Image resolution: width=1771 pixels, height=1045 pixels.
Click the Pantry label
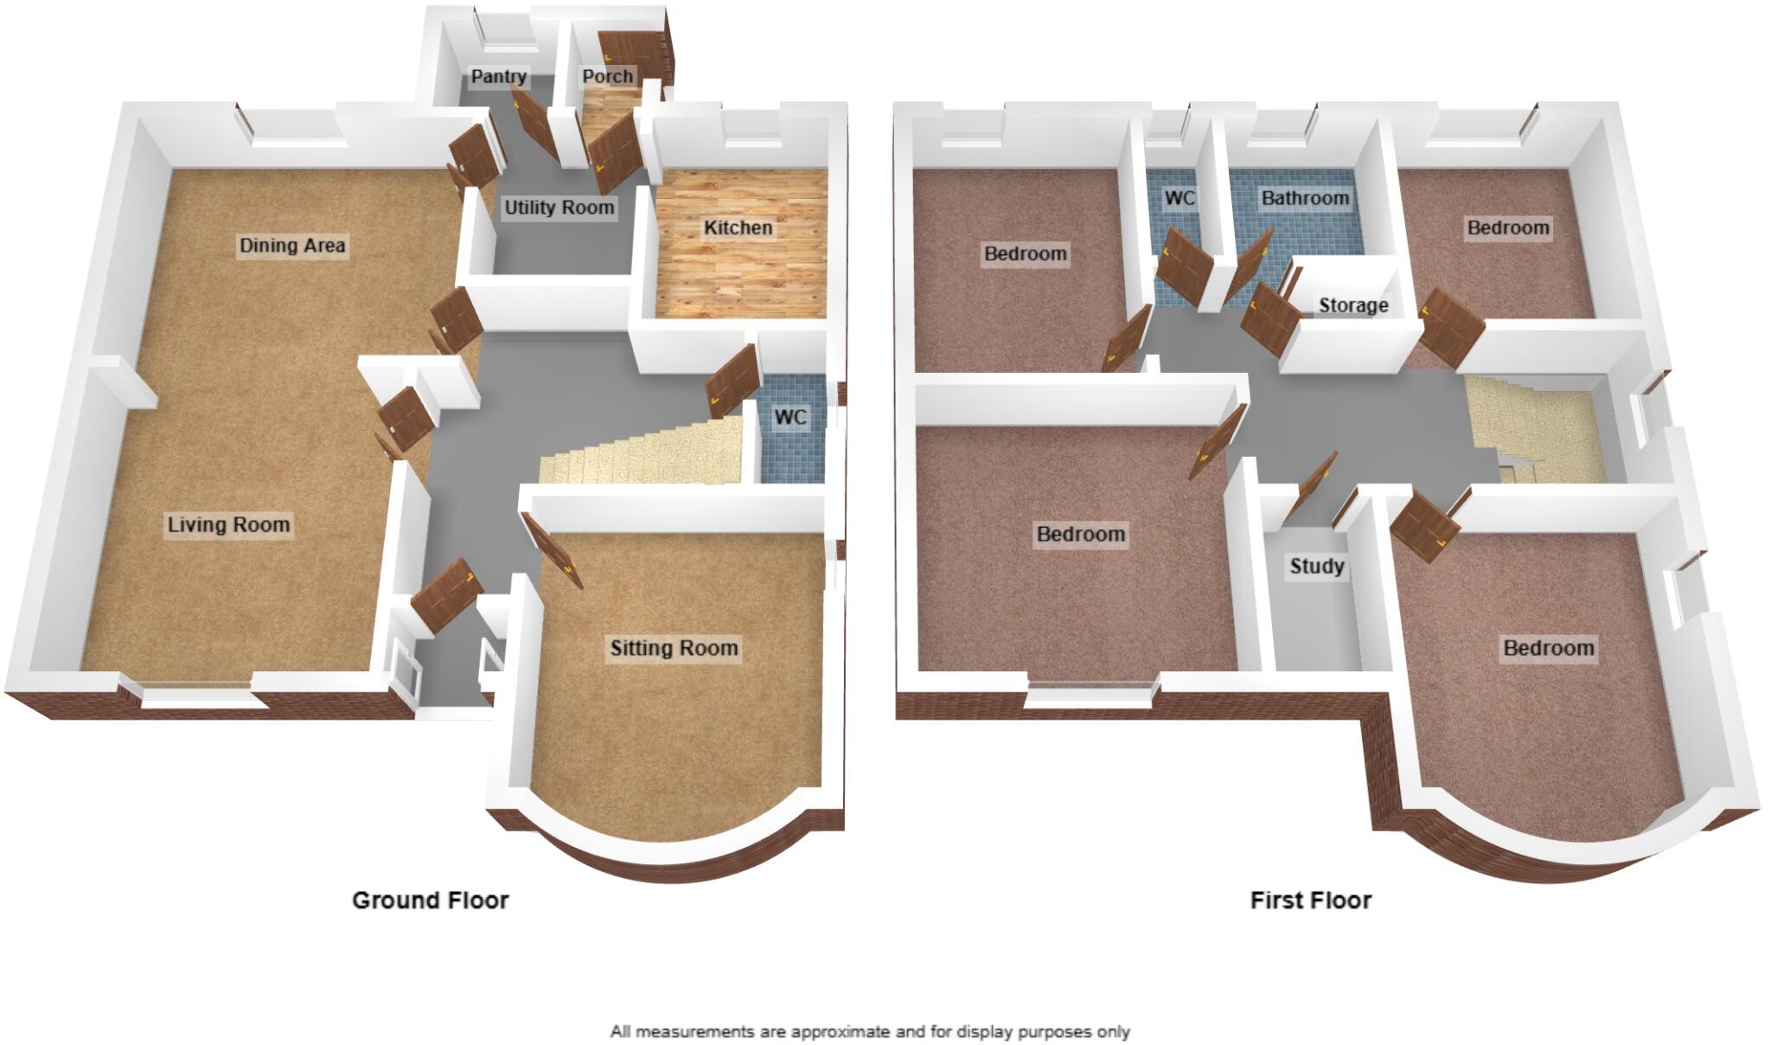click(499, 76)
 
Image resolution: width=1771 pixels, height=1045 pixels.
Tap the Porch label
click(607, 76)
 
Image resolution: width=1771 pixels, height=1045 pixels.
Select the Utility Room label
click(559, 208)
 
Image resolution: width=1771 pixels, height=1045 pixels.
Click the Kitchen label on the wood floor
click(738, 228)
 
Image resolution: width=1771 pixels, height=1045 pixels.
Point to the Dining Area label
click(292, 246)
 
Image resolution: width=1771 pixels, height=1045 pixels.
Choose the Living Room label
click(228, 524)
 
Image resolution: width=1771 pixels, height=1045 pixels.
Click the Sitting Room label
click(674, 648)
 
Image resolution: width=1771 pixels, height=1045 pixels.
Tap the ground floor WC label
click(790, 418)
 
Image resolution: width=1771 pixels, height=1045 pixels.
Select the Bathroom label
click(1305, 198)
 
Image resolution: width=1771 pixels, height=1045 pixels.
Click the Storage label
click(1353, 305)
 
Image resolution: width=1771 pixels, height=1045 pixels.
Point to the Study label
click(1316, 567)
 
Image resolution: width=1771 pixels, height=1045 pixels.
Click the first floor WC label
click(1180, 198)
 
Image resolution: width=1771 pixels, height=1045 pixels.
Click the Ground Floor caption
click(430, 901)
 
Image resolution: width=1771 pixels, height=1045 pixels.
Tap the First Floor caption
click(1310, 901)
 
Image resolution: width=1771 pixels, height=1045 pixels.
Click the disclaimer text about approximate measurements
click(870, 1031)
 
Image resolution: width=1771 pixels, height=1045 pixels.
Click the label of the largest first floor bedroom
click(1081, 534)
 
